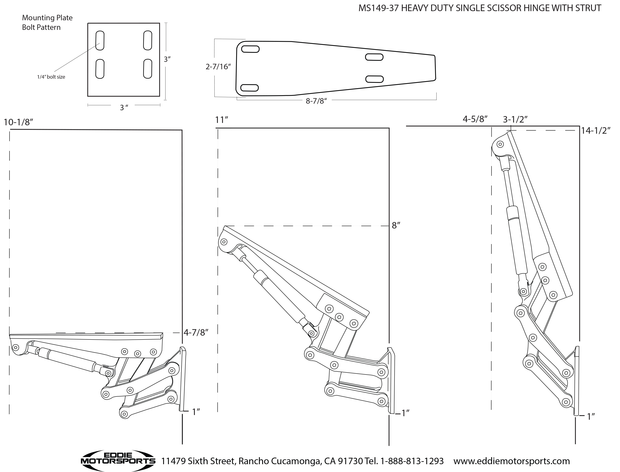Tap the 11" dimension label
pyautogui.click(x=221, y=120)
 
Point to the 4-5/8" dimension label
pyautogui.click(x=475, y=119)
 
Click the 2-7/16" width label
pyautogui.click(x=218, y=67)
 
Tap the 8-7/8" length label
pyautogui.click(x=316, y=101)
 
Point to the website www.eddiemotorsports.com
pyautogui.click(x=511, y=461)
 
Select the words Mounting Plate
pyautogui.click(x=47, y=18)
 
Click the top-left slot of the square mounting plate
pyautogui.click(x=100, y=41)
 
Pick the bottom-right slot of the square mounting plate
pyautogui.click(x=148, y=68)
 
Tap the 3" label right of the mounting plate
pyautogui.click(x=167, y=59)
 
